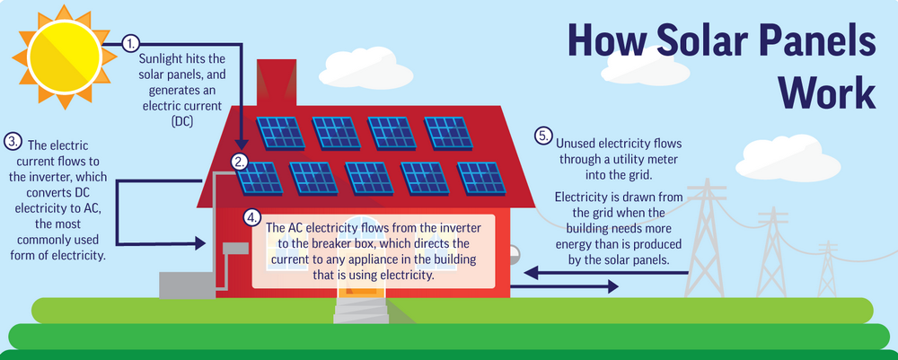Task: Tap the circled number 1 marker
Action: click(131, 43)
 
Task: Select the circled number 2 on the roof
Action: click(240, 162)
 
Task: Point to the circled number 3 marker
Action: click(12, 141)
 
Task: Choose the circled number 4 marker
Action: click(251, 217)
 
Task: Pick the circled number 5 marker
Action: click(543, 136)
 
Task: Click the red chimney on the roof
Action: click(276, 83)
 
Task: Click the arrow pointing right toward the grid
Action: click(564, 286)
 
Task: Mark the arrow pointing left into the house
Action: click(606, 273)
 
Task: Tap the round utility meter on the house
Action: click(513, 253)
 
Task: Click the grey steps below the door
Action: click(361, 311)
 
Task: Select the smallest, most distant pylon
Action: click(827, 268)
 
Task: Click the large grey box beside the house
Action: click(187, 285)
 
